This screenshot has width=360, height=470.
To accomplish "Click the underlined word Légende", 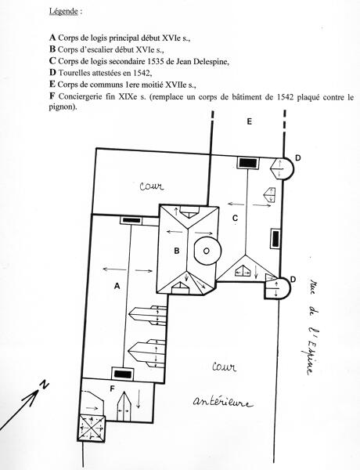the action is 63,12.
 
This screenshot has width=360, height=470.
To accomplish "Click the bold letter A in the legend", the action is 52,38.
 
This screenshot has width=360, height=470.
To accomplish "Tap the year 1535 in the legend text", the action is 155,61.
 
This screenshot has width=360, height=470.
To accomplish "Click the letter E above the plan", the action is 249,121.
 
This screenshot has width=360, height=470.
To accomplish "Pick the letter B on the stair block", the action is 177,251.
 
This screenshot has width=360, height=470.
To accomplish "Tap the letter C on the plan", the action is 235,219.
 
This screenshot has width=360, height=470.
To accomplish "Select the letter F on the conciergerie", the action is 113,389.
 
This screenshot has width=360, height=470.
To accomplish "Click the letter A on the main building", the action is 117,286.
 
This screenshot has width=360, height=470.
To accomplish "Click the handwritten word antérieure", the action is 222,402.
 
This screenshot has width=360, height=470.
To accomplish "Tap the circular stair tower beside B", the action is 207,251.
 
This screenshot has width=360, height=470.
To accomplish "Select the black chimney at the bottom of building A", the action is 123,374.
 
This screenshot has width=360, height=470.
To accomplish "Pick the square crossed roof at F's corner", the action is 91,428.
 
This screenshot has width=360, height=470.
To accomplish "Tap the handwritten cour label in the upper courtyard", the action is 152,186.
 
